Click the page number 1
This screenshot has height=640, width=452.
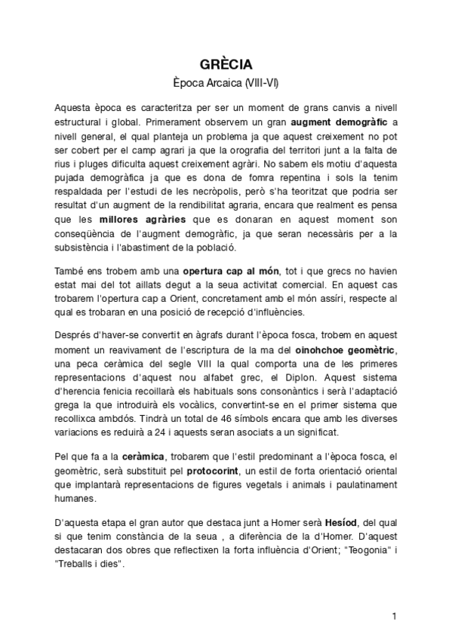coord(394,616)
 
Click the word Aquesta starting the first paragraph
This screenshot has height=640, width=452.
coord(75,107)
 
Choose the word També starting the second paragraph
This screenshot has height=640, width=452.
coord(71,272)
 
